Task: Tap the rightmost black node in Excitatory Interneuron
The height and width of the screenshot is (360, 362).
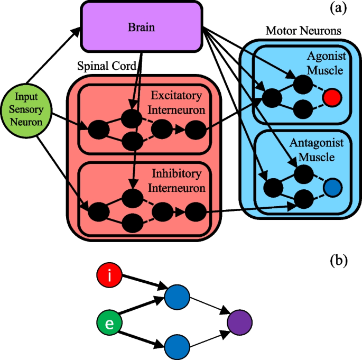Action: tap(196, 129)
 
